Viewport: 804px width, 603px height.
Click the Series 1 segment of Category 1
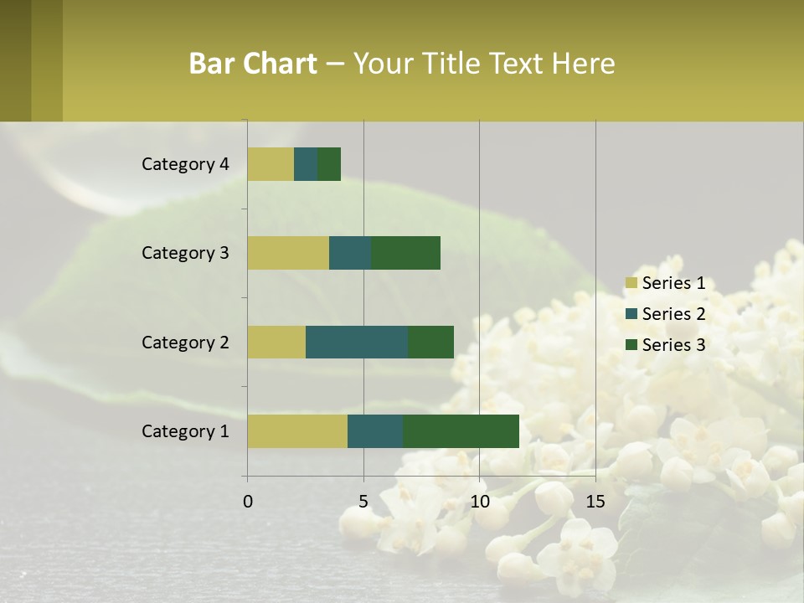(297, 430)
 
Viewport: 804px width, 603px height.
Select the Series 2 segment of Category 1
(375, 430)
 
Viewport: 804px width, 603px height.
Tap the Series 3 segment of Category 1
(461, 430)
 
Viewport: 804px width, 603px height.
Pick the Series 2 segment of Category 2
(357, 342)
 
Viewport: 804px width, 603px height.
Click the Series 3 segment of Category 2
(430, 342)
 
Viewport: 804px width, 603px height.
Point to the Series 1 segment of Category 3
(288, 253)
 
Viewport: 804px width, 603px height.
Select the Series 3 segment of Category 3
(405, 253)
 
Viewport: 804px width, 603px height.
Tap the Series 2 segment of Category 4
(306, 164)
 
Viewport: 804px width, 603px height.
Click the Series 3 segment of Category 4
(329, 164)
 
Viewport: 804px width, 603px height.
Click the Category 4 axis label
(185, 164)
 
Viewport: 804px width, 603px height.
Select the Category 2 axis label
(185, 342)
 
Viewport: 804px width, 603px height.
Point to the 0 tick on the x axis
(248, 502)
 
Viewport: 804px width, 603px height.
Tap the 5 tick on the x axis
(363, 502)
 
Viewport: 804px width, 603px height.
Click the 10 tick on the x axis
(479, 502)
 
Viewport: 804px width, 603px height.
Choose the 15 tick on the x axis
(595, 502)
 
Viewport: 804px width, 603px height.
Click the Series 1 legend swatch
(631, 283)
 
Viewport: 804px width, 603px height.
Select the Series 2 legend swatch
(631, 314)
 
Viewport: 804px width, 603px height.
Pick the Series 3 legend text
(673, 344)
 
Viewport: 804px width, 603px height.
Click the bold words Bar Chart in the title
(253, 64)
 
